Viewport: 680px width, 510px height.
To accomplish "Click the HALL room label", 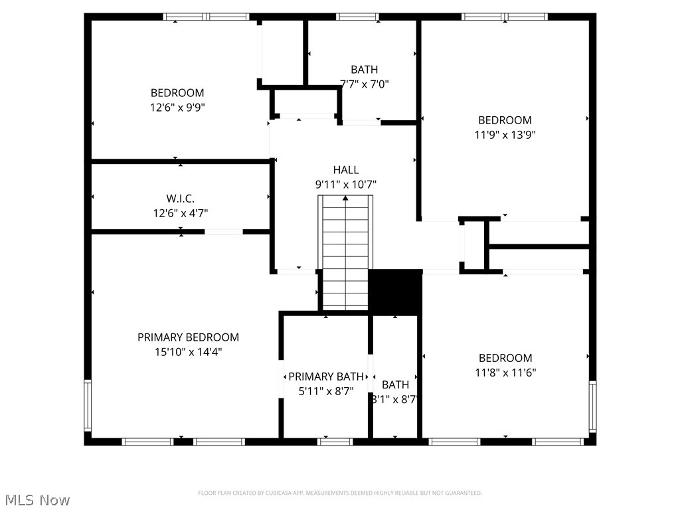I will tap(345, 170).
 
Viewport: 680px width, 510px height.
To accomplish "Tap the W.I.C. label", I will tap(181, 199).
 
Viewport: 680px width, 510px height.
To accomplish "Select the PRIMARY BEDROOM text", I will tap(188, 337).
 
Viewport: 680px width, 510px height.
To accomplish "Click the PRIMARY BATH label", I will tap(326, 377).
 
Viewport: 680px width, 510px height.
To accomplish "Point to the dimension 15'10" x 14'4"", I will tap(188, 352).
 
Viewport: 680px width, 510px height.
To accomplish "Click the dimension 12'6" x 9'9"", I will tap(177, 107).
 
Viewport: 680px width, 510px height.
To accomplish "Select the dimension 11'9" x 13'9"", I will tap(505, 134).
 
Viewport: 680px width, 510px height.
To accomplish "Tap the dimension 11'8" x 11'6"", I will tap(505, 373).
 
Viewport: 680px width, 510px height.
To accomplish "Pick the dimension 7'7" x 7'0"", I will tap(364, 84).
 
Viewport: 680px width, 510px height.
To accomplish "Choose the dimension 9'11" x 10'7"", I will tap(345, 185).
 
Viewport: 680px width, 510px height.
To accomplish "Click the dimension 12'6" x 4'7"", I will tap(181, 213).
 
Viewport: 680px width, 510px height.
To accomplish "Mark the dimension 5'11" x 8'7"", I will tap(326, 391).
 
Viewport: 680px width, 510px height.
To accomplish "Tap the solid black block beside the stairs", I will tap(395, 292).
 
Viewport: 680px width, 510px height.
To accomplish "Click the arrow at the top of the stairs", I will tap(345, 198).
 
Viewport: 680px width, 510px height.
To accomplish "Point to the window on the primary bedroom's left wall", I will tap(88, 405).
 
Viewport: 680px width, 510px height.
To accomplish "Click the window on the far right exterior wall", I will tap(592, 406).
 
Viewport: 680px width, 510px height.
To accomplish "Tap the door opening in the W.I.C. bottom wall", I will tap(224, 232).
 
